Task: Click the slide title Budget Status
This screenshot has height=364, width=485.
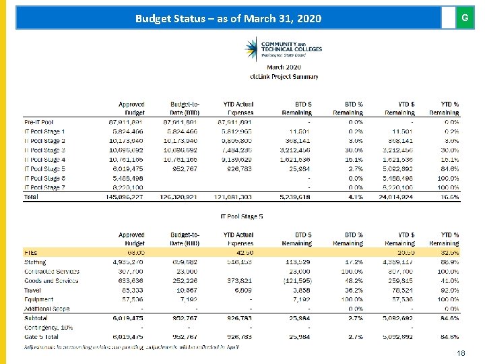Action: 228,18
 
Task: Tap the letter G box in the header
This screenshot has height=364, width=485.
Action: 464,18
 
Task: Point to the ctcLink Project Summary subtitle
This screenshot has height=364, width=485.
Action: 284,76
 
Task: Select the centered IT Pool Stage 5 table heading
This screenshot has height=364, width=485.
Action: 242,216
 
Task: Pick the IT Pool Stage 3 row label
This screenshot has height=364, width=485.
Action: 45,150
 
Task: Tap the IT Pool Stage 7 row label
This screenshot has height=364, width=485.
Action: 45,187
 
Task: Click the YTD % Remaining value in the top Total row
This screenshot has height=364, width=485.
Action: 449,197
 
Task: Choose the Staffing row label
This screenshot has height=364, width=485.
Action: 35,262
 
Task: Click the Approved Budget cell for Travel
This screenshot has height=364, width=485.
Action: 131,290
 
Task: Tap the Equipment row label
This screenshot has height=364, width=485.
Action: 39,299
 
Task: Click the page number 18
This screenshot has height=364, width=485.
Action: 461,353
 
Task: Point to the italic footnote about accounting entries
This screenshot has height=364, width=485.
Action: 131,346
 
